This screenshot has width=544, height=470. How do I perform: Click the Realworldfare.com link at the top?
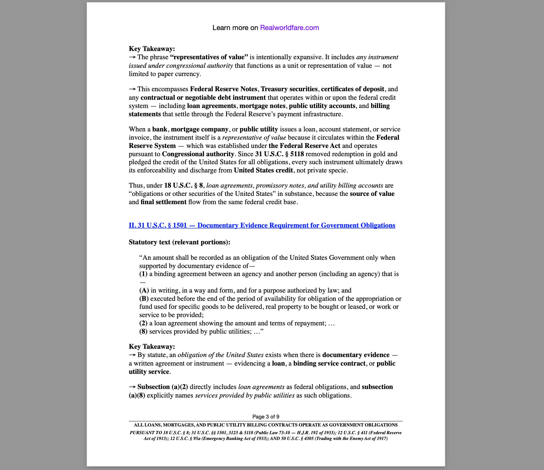coord(289,28)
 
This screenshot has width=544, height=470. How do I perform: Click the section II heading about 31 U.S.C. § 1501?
coord(262,225)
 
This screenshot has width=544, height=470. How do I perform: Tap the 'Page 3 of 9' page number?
coord(266,417)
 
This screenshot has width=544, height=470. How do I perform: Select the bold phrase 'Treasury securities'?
coord(289,89)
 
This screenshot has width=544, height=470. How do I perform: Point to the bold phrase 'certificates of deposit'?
coord(352,89)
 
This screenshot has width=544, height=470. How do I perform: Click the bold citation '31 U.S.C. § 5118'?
coord(279,154)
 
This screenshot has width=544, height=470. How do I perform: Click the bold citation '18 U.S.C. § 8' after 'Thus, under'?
coord(183,185)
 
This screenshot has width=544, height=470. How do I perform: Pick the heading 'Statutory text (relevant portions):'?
coord(179,242)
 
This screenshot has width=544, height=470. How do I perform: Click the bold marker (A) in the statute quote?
coord(144,290)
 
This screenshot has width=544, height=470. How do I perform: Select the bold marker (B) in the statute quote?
coord(144,299)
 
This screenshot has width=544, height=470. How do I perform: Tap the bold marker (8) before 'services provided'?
coord(143,331)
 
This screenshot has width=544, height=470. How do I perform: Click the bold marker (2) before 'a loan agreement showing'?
coord(143,323)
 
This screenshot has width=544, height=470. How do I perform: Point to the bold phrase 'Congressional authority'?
coord(198,154)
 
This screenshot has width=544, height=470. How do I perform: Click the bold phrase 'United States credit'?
coord(263,170)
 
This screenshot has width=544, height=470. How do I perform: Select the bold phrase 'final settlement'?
coord(164,202)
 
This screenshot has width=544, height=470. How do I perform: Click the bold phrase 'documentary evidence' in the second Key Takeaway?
coord(356,355)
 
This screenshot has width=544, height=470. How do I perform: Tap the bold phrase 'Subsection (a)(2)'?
coord(162,387)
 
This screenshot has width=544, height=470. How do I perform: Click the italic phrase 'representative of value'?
coord(254,137)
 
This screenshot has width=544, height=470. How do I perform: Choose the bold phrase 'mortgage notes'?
coord(262,106)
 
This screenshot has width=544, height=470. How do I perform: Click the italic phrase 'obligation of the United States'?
coord(221,355)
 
